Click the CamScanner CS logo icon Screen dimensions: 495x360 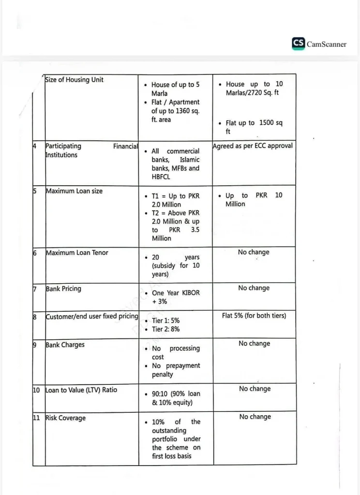[x=298, y=44]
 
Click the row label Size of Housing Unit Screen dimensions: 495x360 [x=74, y=80]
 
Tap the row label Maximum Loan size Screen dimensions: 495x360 [x=74, y=191]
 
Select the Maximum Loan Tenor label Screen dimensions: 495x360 [x=77, y=252]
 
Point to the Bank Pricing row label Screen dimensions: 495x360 [x=63, y=289]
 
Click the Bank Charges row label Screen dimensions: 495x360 [x=65, y=345]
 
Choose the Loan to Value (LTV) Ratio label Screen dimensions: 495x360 [x=81, y=390]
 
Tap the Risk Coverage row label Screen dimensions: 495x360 [x=65, y=418]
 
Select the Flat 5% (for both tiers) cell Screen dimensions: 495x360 [x=254, y=316]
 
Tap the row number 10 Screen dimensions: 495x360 [x=36, y=390]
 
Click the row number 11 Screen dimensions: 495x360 [x=36, y=418]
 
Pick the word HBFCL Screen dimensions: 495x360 [x=161, y=177]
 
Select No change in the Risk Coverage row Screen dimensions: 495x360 [x=255, y=417]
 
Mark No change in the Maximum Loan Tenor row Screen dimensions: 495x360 [x=254, y=252]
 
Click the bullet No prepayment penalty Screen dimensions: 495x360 [x=176, y=370]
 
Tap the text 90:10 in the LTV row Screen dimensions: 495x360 [x=161, y=393]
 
